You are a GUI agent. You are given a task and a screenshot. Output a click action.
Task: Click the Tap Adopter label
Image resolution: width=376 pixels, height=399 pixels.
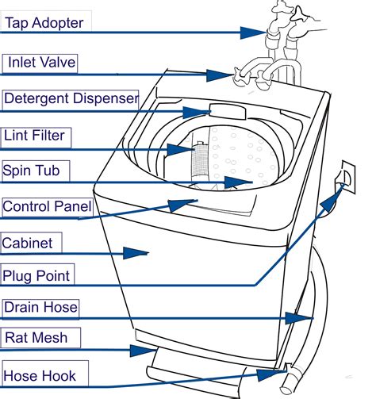pyautogui.click(x=44, y=23)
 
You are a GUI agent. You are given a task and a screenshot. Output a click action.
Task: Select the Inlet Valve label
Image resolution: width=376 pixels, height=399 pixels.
pyautogui.click(x=42, y=63)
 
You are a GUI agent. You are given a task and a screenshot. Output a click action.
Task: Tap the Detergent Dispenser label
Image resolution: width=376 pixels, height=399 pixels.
pyautogui.click(x=71, y=98)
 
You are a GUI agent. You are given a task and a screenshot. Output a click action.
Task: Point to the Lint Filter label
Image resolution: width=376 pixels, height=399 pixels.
pyautogui.click(x=34, y=136)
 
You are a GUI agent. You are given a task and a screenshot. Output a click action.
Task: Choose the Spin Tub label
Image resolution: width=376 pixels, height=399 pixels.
pyautogui.click(x=31, y=171)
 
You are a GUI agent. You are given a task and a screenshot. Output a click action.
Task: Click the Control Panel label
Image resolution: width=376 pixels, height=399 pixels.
pyautogui.click(x=47, y=206)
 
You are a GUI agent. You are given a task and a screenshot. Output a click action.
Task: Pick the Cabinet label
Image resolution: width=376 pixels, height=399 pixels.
pyautogui.click(x=27, y=243)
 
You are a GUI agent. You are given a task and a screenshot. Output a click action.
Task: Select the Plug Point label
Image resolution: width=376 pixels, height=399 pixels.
pyautogui.click(x=36, y=276)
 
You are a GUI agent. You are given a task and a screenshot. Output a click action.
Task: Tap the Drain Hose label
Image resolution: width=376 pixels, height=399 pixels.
pyautogui.click(x=40, y=307)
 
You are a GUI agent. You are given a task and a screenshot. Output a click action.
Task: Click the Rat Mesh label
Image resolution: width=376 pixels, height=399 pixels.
pyautogui.click(x=36, y=338)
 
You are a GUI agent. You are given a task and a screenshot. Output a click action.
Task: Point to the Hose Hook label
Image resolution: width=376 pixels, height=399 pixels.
pyautogui.click(x=40, y=376)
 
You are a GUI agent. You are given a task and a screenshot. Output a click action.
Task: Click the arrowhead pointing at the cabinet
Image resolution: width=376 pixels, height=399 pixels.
pyautogui.click(x=136, y=253)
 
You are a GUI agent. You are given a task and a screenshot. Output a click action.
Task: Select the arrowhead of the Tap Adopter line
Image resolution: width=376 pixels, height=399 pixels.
pyautogui.click(x=253, y=33)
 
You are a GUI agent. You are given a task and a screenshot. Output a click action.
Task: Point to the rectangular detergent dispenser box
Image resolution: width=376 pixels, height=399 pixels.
pyautogui.click(x=228, y=112)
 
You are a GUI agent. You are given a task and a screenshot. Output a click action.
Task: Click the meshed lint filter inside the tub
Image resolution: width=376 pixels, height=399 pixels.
pyautogui.click(x=200, y=161)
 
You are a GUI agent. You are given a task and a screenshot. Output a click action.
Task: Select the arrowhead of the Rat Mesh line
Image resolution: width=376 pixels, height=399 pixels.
pyautogui.click(x=143, y=351)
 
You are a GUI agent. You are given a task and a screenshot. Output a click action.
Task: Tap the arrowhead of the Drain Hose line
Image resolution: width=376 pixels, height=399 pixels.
pyautogui.click(x=299, y=318)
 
